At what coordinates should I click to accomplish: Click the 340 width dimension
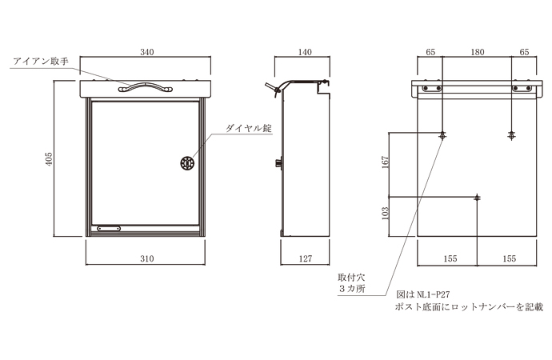[146, 52]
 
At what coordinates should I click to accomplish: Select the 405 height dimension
[50, 159]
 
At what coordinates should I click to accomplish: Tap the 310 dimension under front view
[146, 259]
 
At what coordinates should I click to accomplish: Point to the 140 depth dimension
[303, 52]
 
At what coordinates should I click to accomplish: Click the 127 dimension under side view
[303, 259]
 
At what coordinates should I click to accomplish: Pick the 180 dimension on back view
[478, 52]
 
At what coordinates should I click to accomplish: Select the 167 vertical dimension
[385, 163]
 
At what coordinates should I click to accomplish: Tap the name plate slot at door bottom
[109, 229]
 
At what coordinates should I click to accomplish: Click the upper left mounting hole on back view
[442, 136]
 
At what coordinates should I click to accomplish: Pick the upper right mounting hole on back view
[512, 136]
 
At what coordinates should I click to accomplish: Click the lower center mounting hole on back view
[478, 197]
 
